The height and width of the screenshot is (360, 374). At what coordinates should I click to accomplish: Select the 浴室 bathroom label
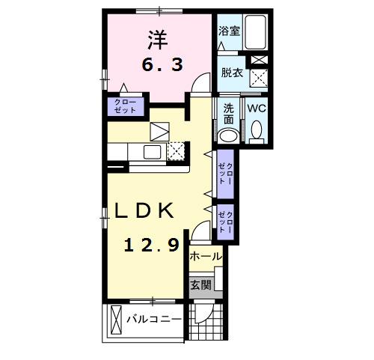pyautogui.click(x=228, y=31)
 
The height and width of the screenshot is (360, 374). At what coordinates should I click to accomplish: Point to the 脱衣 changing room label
pyautogui.click(x=230, y=73)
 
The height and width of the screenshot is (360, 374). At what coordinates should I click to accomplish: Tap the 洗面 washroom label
pyautogui.click(x=229, y=114)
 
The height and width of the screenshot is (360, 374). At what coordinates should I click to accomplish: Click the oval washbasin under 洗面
pyautogui.click(x=227, y=136)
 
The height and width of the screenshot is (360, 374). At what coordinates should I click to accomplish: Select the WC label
pyautogui.click(x=257, y=109)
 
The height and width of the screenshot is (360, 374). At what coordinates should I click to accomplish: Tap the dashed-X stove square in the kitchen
pyautogui.click(x=175, y=151)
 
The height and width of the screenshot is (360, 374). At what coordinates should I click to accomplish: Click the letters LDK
pyautogui.click(x=144, y=212)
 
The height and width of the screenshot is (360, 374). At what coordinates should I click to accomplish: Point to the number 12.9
pyautogui.click(x=150, y=244)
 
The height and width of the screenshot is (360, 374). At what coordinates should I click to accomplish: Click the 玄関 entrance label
pyautogui.click(x=200, y=284)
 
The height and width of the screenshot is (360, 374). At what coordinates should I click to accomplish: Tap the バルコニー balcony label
pyautogui.click(x=153, y=319)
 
